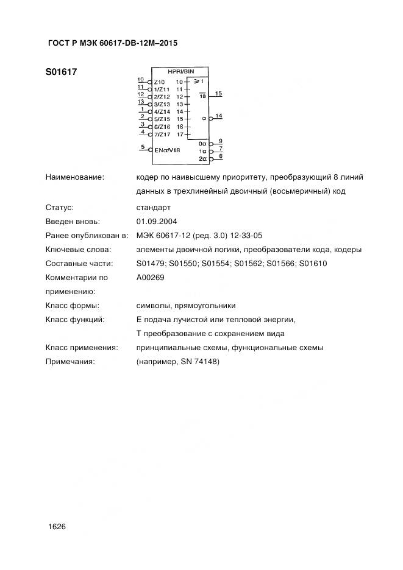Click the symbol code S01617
pos(61,71)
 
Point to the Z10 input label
pos(159,82)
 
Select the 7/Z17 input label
pos(162,135)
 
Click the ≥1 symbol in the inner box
pos(199,81)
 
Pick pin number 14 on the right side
pos(218,115)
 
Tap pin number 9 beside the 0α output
pos(221,141)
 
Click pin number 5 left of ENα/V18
pos(142,146)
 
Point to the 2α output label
pos(203,158)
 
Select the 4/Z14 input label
pos(162,112)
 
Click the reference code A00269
pos(151,277)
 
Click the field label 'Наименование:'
pos(75,177)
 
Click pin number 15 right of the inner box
pos(218,93)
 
